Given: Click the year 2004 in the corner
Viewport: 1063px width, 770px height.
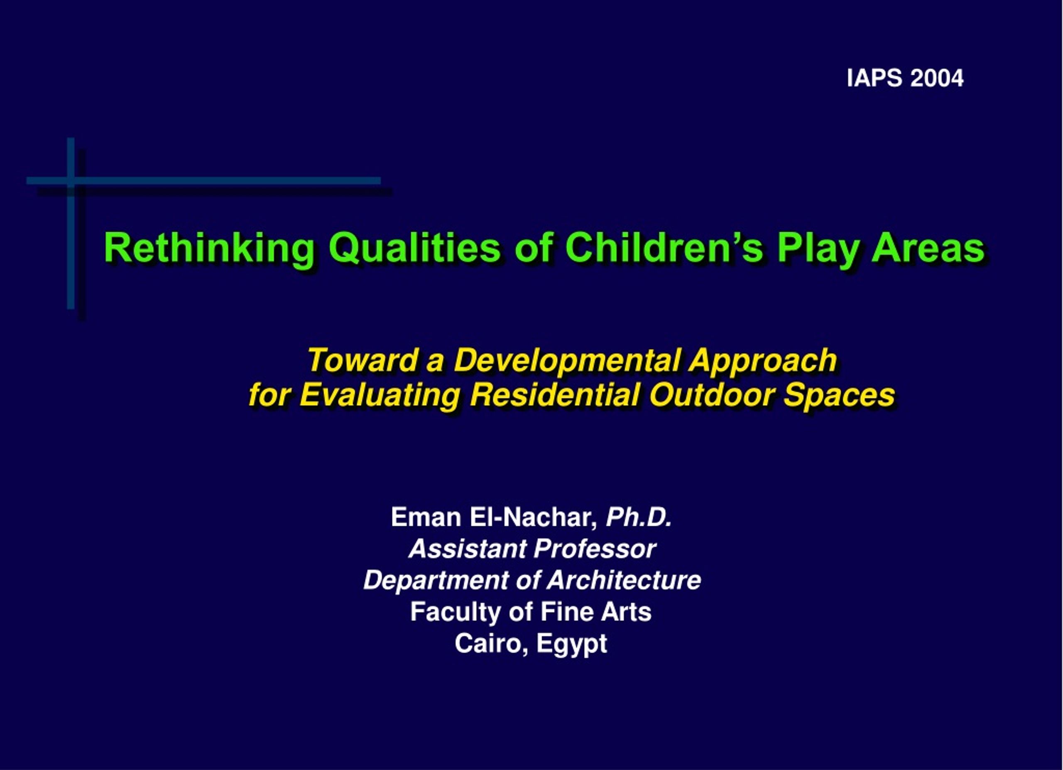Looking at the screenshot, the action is [x=937, y=78].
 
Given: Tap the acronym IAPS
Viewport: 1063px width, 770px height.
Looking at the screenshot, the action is [x=874, y=78].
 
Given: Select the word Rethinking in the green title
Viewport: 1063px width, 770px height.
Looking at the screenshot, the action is [x=209, y=248].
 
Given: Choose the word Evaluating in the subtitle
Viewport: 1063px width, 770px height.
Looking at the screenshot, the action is [x=380, y=395].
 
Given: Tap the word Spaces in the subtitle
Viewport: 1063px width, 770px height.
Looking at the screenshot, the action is [x=839, y=395].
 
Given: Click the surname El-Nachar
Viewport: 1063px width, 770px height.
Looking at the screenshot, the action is [x=534, y=518].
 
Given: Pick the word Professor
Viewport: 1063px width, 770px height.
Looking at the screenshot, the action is [x=595, y=548].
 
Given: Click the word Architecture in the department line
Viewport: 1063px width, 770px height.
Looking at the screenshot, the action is [x=624, y=580].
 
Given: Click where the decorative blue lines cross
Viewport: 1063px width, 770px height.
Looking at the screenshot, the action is [x=71, y=180].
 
